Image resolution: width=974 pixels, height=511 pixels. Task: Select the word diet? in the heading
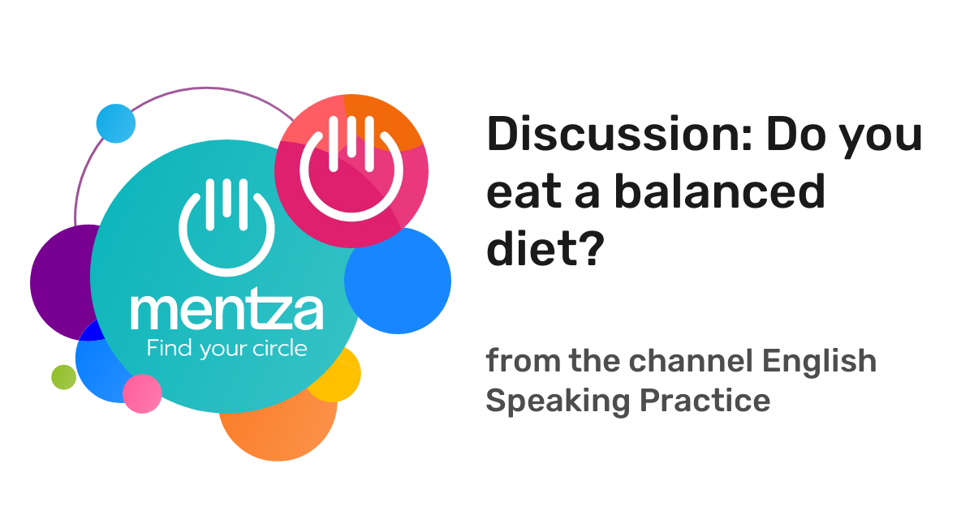[544, 251]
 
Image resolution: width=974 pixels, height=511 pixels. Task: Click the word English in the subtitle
[821, 361]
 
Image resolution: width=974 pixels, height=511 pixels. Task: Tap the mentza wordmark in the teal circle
[226, 311]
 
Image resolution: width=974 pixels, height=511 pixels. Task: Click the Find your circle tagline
[226, 350]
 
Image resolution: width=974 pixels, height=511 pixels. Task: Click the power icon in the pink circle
[351, 166]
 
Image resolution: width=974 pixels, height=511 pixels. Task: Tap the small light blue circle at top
[116, 123]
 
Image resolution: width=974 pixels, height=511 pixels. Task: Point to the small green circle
[63, 377]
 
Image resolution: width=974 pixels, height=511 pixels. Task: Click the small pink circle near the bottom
[142, 393]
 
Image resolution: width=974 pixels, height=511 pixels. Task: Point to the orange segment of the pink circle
[386, 122]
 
